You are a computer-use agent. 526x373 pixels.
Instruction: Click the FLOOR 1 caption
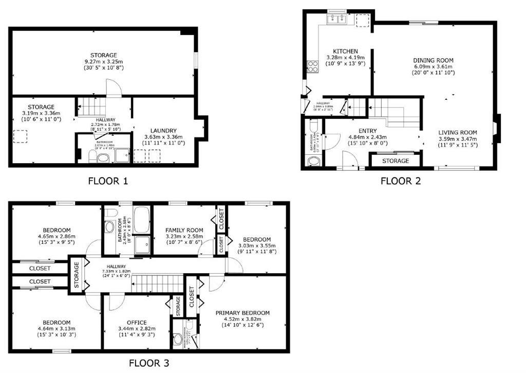(108, 181)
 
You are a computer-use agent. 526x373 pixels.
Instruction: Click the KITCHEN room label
(345, 51)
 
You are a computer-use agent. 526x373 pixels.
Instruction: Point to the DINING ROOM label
(433, 60)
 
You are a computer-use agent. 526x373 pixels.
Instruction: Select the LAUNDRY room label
(164, 131)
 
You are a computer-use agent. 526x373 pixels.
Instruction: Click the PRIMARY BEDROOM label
(242, 313)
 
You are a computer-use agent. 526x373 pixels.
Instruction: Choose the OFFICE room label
(137, 323)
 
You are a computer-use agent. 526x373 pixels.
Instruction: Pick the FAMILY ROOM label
(184, 230)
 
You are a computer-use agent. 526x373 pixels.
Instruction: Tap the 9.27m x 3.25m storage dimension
(103, 61)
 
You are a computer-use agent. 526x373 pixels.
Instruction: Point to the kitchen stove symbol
(312, 66)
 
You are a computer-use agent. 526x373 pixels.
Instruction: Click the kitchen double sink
(337, 19)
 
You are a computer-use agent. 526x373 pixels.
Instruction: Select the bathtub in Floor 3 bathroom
(142, 220)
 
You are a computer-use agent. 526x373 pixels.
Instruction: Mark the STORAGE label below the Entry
(396, 161)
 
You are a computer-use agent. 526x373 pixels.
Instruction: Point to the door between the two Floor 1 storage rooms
(114, 88)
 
